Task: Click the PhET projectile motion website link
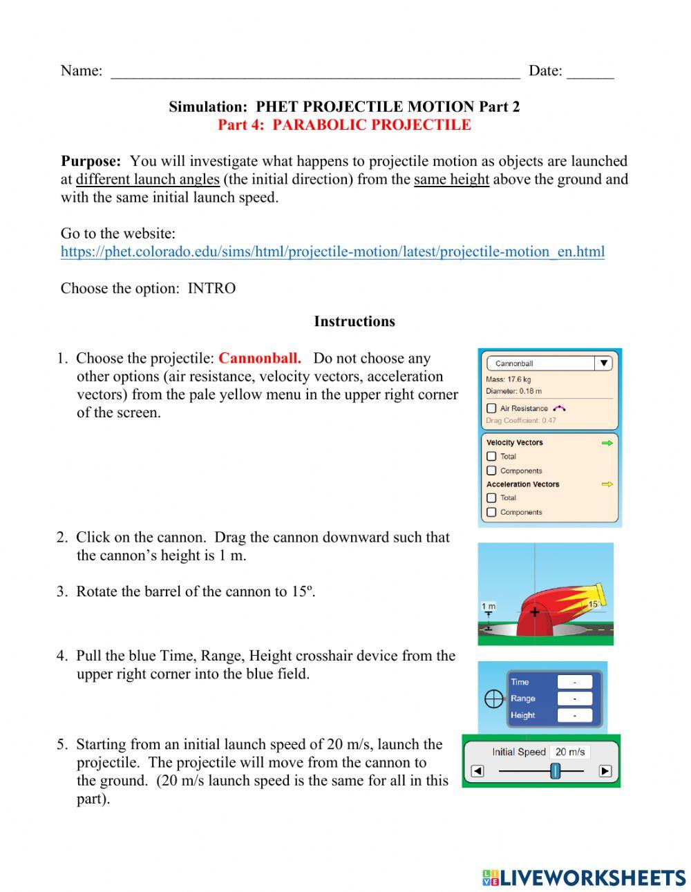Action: (x=332, y=252)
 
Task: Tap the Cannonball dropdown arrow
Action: (x=603, y=363)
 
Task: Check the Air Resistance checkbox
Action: (x=491, y=408)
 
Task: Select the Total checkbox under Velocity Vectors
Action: (x=491, y=456)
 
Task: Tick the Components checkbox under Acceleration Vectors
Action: (x=491, y=512)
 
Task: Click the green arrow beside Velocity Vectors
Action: (x=607, y=443)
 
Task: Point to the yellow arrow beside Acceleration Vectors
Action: (x=607, y=484)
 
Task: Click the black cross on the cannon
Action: (x=534, y=611)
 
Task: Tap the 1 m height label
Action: (x=489, y=606)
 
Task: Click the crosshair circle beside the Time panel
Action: (x=493, y=699)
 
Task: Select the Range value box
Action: (x=574, y=699)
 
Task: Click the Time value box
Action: (x=574, y=682)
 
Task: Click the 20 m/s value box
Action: (x=570, y=752)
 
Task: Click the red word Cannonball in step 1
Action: (x=260, y=359)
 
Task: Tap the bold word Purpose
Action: (x=91, y=161)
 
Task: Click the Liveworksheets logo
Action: (x=584, y=877)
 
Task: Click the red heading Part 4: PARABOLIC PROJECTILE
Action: (x=344, y=125)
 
